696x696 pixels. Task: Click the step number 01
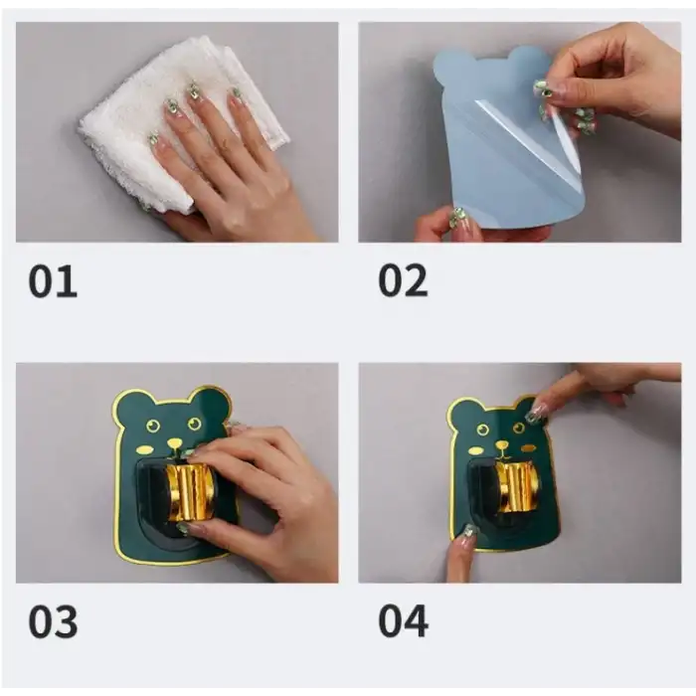[52, 281]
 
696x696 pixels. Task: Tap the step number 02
[402, 281]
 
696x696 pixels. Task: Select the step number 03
[52, 620]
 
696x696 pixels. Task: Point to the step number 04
[403, 620]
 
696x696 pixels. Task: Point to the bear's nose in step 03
[174, 443]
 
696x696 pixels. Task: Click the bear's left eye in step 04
[481, 432]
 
